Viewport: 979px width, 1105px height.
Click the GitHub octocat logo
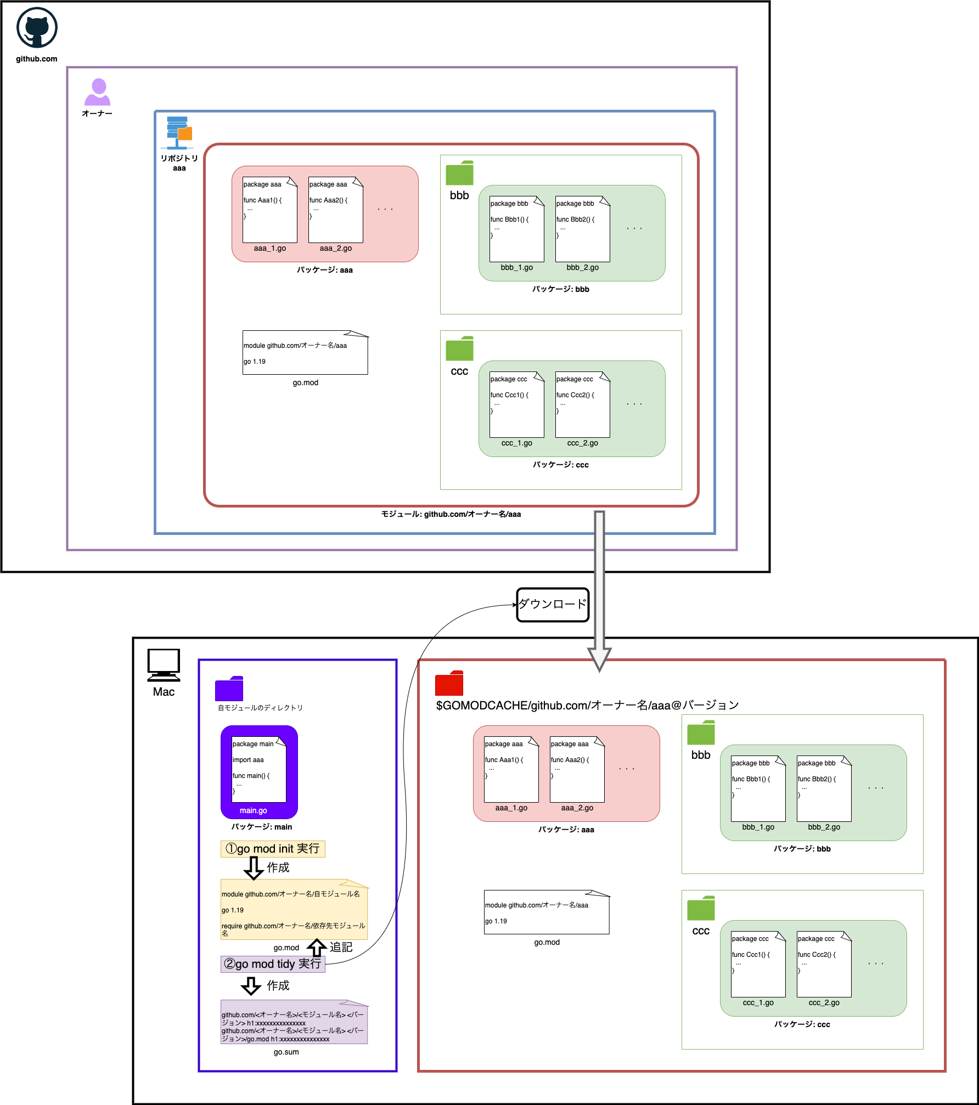pyautogui.click(x=37, y=28)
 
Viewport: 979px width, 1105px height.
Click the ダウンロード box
pyautogui.click(x=553, y=605)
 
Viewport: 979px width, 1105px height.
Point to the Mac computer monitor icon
pyautogui.click(x=164, y=665)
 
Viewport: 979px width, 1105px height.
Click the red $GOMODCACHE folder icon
pyautogui.click(x=449, y=683)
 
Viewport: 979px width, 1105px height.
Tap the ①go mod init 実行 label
pyautogui.click(x=273, y=849)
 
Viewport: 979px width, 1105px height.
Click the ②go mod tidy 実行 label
pyautogui.click(x=273, y=964)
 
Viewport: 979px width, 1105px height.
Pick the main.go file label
pyautogui.click(x=254, y=810)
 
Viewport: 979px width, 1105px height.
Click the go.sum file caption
pyautogui.click(x=286, y=1052)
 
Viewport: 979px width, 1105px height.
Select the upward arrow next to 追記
pyautogui.click(x=317, y=948)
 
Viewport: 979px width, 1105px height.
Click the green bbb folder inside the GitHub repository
pyautogui.click(x=459, y=173)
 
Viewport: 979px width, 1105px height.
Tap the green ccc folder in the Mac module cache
pyautogui.click(x=701, y=908)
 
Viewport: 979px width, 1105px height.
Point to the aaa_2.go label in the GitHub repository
pyautogui.click(x=336, y=248)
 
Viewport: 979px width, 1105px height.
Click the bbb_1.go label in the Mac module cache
pyautogui.click(x=758, y=827)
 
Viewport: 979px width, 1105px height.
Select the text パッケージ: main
pyautogui.click(x=262, y=827)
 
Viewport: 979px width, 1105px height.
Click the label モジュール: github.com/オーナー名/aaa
pyautogui.click(x=451, y=514)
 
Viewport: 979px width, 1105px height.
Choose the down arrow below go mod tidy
pyautogui.click(x=251, y=986)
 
